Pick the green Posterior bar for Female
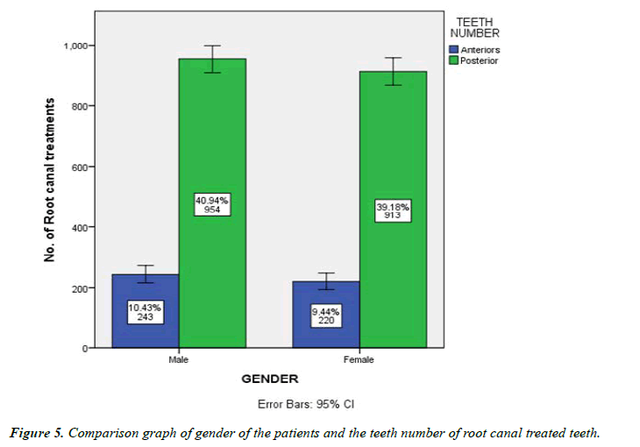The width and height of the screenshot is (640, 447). pos(393,140)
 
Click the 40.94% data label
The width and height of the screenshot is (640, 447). pos(212,204)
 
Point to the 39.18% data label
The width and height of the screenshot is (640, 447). pos(393,210)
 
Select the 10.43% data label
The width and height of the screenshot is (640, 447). pos(146,313)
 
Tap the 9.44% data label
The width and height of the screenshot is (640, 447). pos(325,316)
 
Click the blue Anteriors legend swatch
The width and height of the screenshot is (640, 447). pos(453,50)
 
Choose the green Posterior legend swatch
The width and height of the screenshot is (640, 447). pos(453,60)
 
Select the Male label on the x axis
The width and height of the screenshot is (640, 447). pos(179,359)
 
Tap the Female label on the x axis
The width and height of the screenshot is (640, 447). pos(359,359)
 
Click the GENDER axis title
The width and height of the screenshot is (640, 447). pos(269,380)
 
